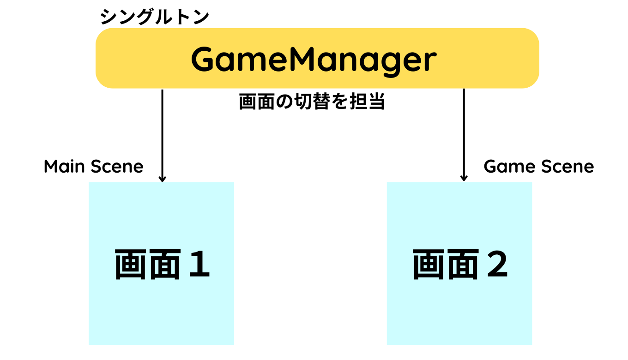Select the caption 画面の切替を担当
click(x=312, y=102)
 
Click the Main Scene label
click(x=93, y=167)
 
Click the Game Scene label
click(x=538, y=167)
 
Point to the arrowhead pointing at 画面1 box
click(x=162, y=179)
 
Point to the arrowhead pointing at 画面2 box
click(x=464, y=179)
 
